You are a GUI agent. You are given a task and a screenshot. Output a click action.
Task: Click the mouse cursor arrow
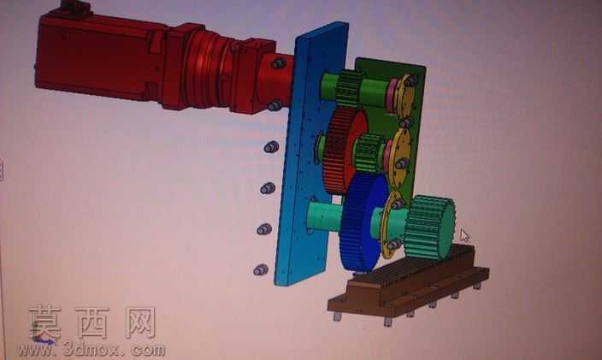[x=464, y=236]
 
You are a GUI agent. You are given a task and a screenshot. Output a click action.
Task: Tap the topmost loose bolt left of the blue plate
[x=271, y=146]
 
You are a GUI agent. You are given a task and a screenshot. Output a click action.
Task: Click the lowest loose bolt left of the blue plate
[x=261, y=270]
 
